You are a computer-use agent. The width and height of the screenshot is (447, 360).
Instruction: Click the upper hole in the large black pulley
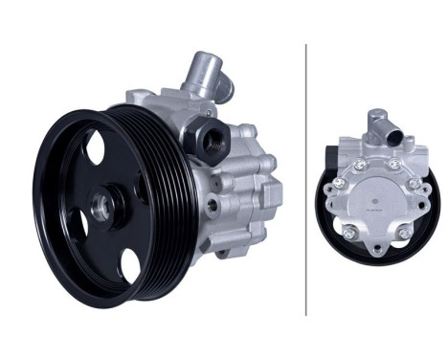click(93, 149)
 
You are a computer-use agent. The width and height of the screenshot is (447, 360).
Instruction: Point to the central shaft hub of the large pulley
click(103, 206)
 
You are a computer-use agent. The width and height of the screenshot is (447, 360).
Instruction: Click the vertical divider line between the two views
click(306, 179)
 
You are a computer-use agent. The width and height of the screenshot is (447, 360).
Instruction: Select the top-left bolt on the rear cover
click(359, 166)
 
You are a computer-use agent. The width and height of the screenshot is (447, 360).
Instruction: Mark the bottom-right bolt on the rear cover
click(404, 232)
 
